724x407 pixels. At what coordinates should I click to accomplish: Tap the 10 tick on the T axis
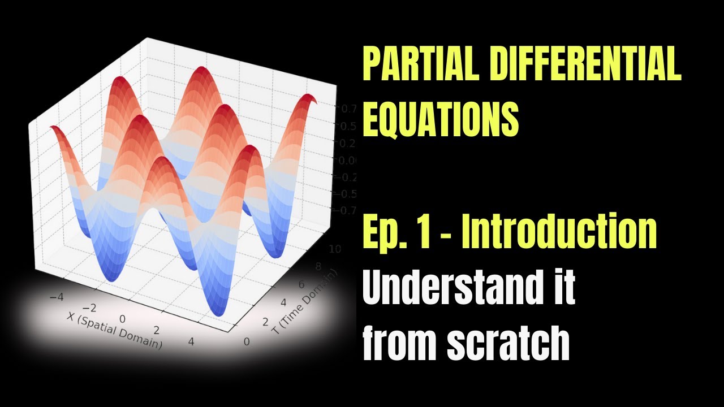pyautogui.click(x=334, y=250)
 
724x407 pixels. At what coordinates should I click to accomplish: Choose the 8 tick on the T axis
pyautogui.click(x=318, y=267)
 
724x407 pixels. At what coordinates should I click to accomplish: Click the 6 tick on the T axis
pyautogui.click(x=302, y=285)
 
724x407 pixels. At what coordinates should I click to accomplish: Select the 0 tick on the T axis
pyautogui.click(x=245, y=341)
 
